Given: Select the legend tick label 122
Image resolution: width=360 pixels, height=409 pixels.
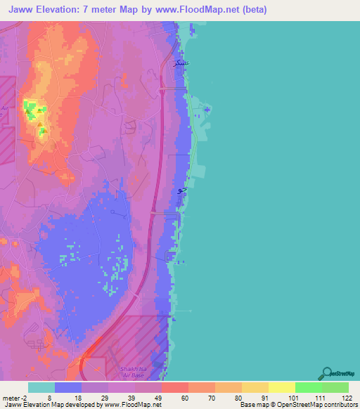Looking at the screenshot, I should click(347, 397).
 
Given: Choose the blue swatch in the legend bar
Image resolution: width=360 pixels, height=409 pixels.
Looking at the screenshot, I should click(68, 387).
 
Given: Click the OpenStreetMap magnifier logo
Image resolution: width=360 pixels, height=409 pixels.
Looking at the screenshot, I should click(326, 373).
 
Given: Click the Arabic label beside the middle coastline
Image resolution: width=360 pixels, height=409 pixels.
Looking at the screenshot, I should click(181, 190).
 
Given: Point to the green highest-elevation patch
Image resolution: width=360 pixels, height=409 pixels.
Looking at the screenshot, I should click(30, 108).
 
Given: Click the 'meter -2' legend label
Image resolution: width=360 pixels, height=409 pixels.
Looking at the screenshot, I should click(16, 397).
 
